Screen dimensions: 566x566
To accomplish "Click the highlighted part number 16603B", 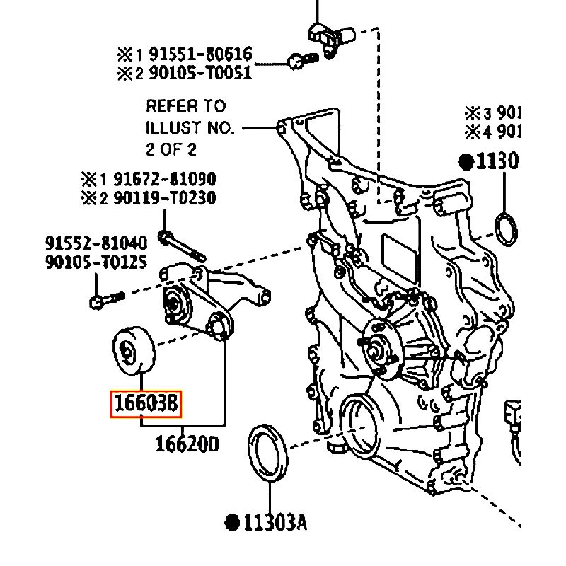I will point(146,404).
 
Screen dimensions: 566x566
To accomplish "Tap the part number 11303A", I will point(275,523).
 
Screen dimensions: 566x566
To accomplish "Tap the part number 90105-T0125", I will point(96,262).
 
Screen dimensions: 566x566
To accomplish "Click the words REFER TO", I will point(185,106).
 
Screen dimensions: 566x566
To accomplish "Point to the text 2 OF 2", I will point(171,149).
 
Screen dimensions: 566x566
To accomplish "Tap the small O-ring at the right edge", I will point(506,229).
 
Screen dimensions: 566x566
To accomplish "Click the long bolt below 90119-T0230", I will point(183,244).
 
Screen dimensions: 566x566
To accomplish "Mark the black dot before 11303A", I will point(231,523).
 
